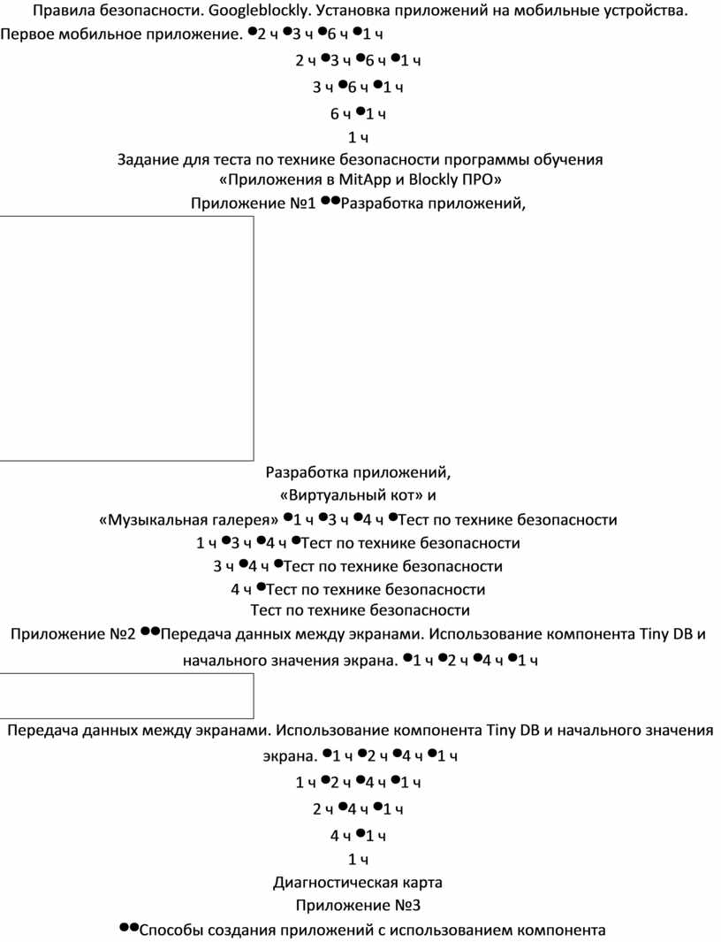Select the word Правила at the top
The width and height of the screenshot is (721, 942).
[x=63, y=12]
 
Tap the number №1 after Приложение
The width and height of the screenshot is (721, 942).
[x=302, y=204]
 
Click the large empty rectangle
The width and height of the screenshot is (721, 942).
[x=126, y=338]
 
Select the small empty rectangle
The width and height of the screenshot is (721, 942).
[x=126, y=695]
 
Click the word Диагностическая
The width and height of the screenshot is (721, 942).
[x=327, y=883]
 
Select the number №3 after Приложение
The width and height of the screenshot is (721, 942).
[x=406, y=906]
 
